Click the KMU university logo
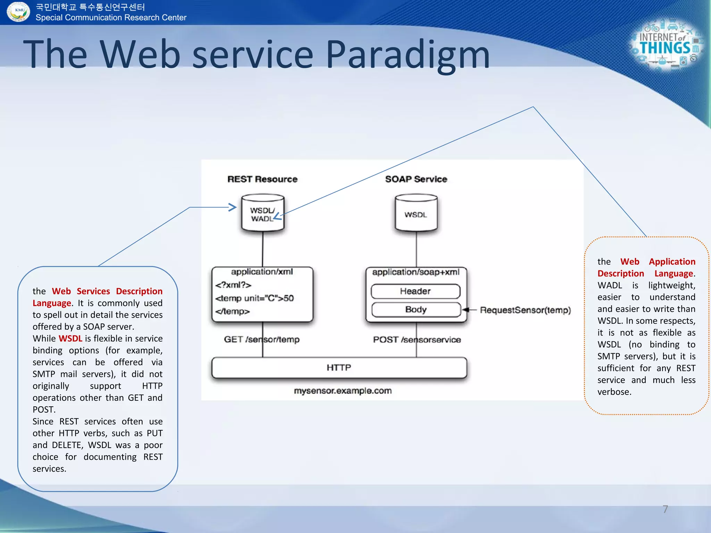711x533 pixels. coord(18,11)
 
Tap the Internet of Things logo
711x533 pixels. coord(666,45)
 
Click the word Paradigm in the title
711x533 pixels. coord(408,54)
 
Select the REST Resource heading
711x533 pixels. coord(262,179)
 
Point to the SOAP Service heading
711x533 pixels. coord(416,179)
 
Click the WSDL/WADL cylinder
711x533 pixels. coord(262,213)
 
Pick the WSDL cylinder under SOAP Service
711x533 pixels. coord(416,213)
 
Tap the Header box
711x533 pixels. coord(415,291)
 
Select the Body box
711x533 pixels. coord(416,310)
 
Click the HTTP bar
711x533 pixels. coord(339,367)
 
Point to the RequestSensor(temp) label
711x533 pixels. coord(525,310)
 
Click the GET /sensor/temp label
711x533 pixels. coord(261,339)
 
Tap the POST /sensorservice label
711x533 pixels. coord(417,340)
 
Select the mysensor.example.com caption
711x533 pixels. coord(343,391)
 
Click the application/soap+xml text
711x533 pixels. coord(416,272)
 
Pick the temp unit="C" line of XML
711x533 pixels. coord(254,298)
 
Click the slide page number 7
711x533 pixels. coord(665,509)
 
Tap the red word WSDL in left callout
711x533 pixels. coord(70,338)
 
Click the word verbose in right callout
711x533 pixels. coord(614,392)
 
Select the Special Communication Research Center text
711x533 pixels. coord(111,17)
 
